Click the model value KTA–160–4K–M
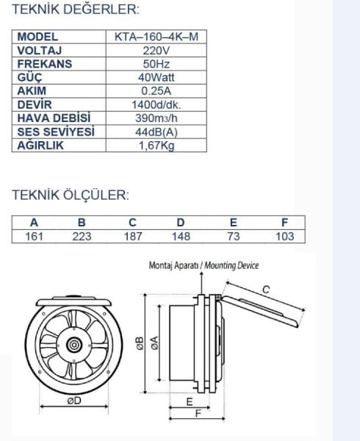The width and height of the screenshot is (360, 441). tap(156, 37)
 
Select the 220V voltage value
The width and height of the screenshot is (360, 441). tap(156, 51)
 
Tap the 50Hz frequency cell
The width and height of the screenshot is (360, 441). tap(156, 64)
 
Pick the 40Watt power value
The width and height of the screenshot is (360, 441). tap(156, 77)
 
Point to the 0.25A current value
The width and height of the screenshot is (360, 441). tap(156, 91)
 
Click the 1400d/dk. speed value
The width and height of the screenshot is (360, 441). tap(156, 104)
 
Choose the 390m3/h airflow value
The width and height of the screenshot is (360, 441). tap(156, 118)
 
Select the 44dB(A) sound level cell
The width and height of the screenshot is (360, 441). tap(156, 132)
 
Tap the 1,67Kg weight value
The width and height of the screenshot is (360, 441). tap(156, 146)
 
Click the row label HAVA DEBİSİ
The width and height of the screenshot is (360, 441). tap(54, 118)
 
